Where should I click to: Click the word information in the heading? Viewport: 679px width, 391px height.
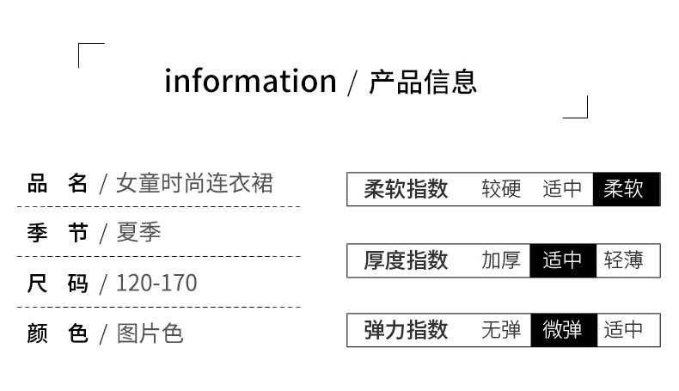[250, 82]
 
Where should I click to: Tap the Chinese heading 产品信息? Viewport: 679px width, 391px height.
[423, 82]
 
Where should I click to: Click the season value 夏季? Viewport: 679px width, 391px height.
[139, 233]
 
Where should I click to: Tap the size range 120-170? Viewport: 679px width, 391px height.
[156, 283]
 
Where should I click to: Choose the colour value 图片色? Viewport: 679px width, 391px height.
[150, 333]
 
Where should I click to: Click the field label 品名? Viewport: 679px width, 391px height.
[58, 184]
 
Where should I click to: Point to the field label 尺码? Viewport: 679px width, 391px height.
[58, 283]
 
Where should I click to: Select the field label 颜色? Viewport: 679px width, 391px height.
[58, 333]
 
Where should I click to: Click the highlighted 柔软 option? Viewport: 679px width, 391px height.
[625, 189]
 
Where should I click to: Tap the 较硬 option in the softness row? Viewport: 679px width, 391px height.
[501, 189]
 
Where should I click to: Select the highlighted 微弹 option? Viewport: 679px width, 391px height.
[563, 330]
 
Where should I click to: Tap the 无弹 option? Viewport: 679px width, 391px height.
[501, 330]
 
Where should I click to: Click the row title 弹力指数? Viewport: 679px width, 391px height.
[406, 330]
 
